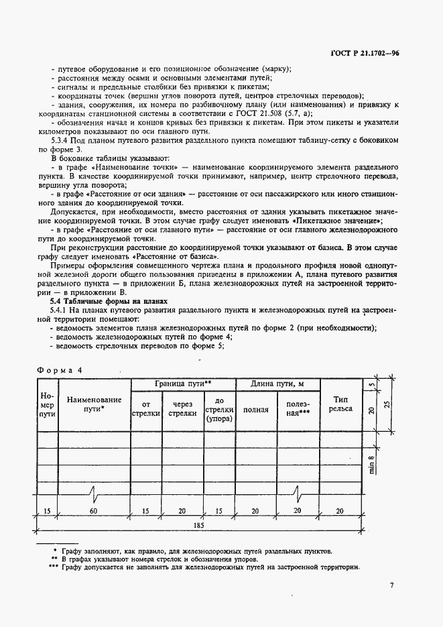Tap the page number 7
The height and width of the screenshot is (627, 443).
pos(391,585)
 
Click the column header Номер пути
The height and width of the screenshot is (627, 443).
pos(47,405)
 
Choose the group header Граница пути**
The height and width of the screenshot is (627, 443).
pos(183,384)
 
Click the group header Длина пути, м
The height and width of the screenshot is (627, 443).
pos(277,384)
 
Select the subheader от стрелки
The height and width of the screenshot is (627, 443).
pos(147,409)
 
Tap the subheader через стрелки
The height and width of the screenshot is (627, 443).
pos(182,409)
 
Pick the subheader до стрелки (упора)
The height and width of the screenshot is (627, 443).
pos(219,409)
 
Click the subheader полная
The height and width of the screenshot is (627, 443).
pos(255,410)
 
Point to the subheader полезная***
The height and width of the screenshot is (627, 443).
pos(298,410)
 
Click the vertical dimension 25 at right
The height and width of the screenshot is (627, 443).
pos(386,404)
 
